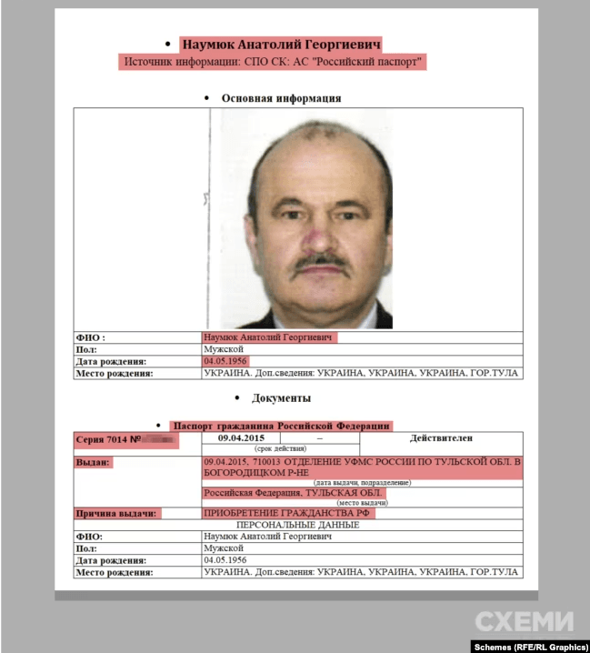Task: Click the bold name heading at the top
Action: pos(281,44)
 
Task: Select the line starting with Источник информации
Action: pos(274,63)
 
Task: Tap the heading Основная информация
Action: pos(281,98)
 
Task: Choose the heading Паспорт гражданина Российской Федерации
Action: pos(282,426)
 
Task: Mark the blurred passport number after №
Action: pos(160,440)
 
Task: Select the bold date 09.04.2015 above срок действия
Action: pos(241,439)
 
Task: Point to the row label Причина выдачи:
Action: pos(115,514)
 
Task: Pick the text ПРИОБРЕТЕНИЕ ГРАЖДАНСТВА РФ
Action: pos(289,514)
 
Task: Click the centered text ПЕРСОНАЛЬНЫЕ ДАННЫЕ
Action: pos(294,526)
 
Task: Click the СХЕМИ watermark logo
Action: pos(525,622)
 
